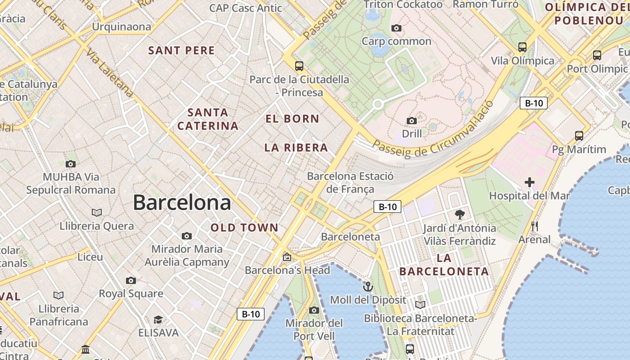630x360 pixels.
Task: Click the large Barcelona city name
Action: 182,203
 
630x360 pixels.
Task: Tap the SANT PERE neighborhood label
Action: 182,50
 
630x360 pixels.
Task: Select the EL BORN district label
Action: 292,119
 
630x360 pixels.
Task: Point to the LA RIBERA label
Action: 296,148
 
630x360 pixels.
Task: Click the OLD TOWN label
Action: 245,228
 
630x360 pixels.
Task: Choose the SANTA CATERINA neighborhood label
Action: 208,119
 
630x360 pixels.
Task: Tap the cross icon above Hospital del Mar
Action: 530,182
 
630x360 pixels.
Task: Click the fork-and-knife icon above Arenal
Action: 535,226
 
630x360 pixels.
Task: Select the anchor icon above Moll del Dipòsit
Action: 368,287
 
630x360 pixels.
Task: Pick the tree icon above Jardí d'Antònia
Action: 459,214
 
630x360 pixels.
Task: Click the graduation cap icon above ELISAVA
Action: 158,319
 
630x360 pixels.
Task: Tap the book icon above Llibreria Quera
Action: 97,212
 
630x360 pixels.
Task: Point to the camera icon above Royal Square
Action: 131,280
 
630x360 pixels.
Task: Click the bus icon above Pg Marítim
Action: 579,135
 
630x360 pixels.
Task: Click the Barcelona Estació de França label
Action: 350,182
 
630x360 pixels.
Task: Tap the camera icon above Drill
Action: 411,121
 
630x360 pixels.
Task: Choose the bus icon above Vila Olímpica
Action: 522,47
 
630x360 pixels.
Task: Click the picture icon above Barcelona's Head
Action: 287,257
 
